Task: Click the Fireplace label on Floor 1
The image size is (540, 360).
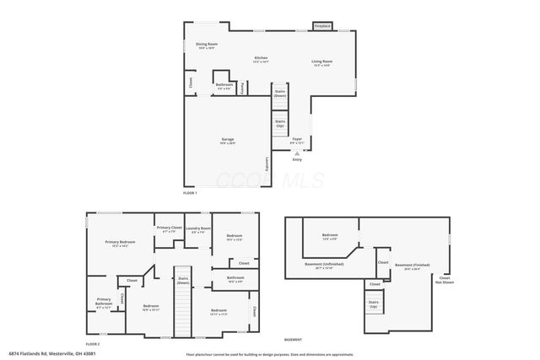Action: (322, 26)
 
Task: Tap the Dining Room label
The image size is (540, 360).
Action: (207, 46)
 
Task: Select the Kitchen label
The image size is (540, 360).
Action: (262, 59)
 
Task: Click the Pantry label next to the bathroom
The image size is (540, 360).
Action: (243, 86)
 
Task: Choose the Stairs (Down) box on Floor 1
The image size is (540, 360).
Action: (279, 93)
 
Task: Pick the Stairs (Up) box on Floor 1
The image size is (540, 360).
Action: (279, 124)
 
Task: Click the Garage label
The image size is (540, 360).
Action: (228, 141)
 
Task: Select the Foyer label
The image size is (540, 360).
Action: (297, 140)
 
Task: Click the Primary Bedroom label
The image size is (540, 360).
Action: (119, 244)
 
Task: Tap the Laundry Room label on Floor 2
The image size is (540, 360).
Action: (198, 229)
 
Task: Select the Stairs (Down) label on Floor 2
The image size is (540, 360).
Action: (182, 282)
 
